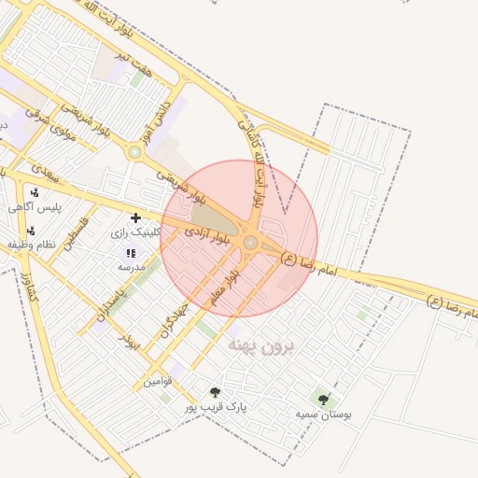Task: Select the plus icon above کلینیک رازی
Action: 135,218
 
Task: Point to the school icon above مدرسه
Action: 130,253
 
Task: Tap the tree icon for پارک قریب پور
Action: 216,393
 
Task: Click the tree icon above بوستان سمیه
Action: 323,400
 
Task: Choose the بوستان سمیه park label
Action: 323,414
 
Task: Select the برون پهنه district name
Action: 260,347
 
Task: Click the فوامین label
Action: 158,382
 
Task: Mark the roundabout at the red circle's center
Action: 250,243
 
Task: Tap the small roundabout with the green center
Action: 134,151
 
